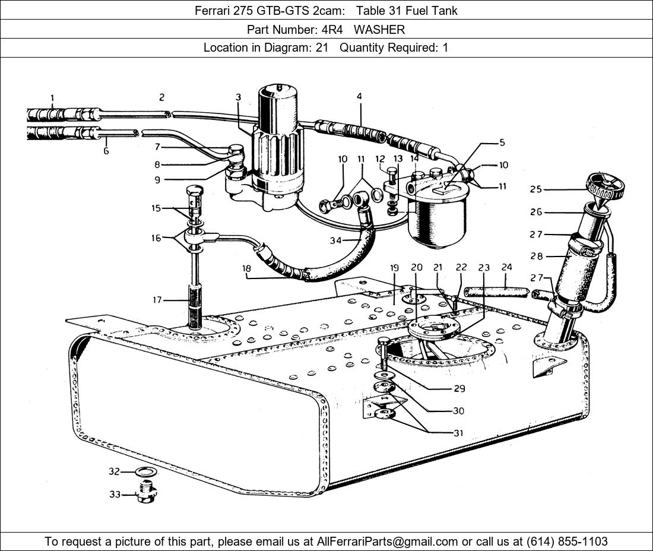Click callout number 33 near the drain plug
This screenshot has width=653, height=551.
click(115, 494)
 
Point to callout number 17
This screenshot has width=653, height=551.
click(157, 300)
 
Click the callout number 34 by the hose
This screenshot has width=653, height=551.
click(335, 240)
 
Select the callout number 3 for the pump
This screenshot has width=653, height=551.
click(237, 97)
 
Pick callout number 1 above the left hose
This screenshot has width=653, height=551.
click(52, 98)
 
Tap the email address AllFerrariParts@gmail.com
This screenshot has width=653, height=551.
click(388, 541)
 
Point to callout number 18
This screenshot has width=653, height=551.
click(246, 268)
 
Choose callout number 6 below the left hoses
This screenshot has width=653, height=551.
click(106, 151)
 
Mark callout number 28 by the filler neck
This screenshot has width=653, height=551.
click(536, 256)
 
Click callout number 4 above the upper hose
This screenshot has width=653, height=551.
click(359, 96)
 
